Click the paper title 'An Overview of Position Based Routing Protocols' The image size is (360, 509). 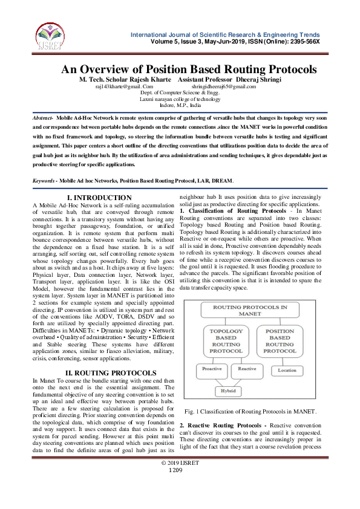(x=189, y=69)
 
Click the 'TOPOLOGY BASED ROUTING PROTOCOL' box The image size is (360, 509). (x=226, y=342)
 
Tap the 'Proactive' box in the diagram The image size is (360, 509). (x=211, y=368)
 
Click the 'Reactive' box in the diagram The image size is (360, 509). (x=247, y=368)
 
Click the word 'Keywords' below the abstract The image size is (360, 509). (x=44, y=181)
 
